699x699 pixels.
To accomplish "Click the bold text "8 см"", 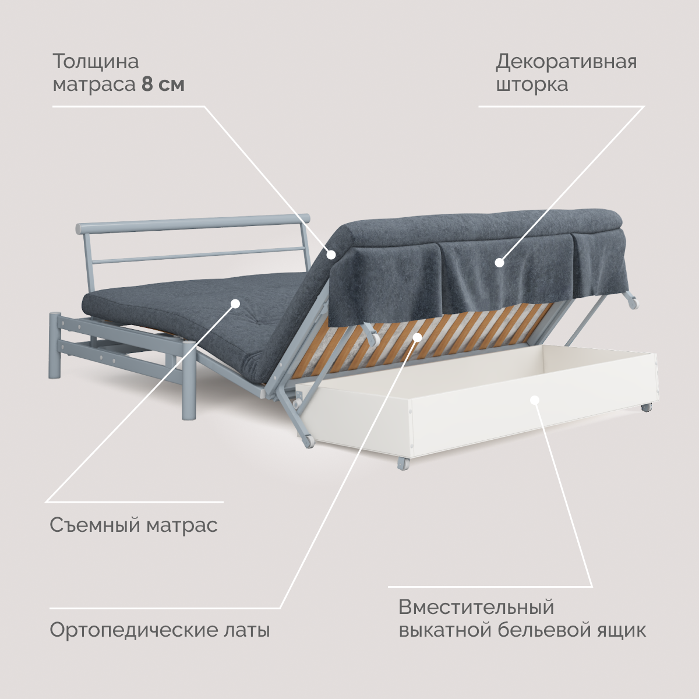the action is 163,84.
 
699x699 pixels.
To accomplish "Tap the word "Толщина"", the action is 96,61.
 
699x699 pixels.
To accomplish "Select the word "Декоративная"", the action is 566,61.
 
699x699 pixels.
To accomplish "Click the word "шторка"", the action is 532,84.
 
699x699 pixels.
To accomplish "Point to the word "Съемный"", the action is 94,525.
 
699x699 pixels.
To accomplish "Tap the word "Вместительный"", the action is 476,607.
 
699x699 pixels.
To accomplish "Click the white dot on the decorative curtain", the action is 499,263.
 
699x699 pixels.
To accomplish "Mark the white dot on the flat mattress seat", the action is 235,303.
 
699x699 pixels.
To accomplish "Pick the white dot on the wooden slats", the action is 417,337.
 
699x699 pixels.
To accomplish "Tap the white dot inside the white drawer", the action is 535,400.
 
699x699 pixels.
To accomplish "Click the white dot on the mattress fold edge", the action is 331,254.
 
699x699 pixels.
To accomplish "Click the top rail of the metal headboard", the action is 192,222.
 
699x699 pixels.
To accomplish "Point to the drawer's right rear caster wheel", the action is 646,408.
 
